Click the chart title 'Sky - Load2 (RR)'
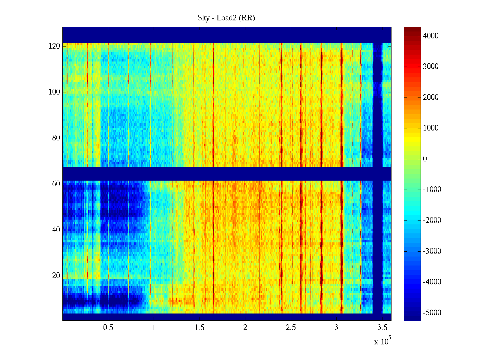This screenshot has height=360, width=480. tap(226, 18)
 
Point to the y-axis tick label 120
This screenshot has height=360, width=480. tap(54, 46)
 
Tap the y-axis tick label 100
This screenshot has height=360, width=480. tap(54, 92)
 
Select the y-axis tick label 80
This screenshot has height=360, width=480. tap(56, 138)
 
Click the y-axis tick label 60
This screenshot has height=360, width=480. tap(56, 184)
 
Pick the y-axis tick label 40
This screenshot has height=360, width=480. tap(56, 230)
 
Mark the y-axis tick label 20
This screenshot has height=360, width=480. tap(56, 276)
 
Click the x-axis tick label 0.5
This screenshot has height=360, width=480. tap(108, 328)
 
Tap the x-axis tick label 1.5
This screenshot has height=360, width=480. tap(199, 328)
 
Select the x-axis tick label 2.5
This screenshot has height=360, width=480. tap(291, 328)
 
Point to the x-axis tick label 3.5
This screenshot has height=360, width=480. tap(382, 328)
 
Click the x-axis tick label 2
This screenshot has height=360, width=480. tap(245, 328)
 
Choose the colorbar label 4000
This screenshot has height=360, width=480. tap(431, 36)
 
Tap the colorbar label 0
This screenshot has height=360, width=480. tap(425, 159)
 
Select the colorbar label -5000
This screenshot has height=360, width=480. tap(432, 313)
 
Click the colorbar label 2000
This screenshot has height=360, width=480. tap(431, 97)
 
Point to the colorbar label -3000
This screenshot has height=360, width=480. tap(432, 251)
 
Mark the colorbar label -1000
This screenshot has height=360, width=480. tap(432, 190)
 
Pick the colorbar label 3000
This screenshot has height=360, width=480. tap(431, 67)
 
